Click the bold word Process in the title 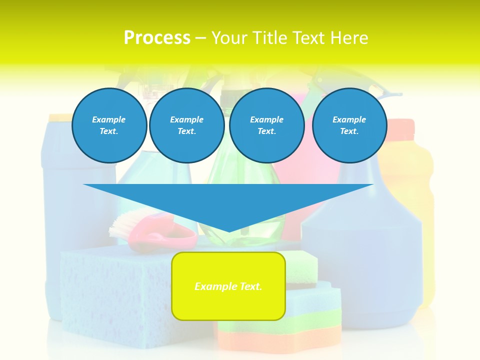pyautogui.click(x=157, y=37)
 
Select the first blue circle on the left pyautogui.click(x=109, y=125)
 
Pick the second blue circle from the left pyautogui.click(x=186, y=125)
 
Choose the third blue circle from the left pyautogui.click(x=266, y=125)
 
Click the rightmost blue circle pyautogui.click(x=349, y=125)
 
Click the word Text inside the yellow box pyautogui.click(x=248, y=286)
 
